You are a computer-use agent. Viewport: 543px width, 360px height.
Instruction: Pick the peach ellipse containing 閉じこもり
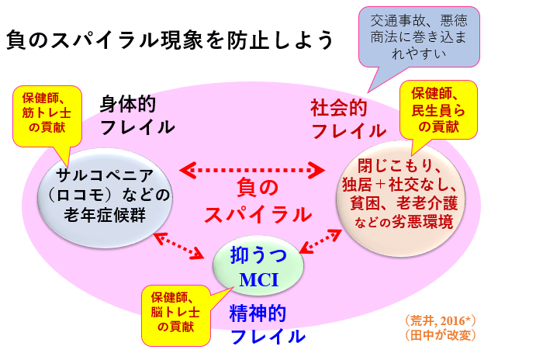tap(399, 194)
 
